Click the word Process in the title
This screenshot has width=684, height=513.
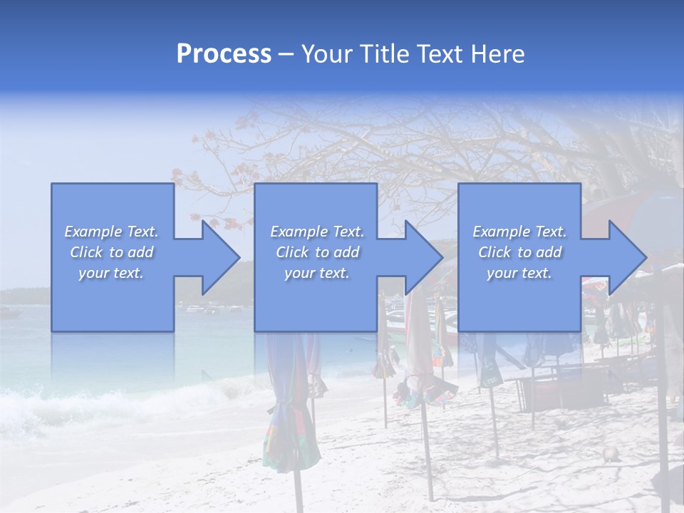tap(224, 54)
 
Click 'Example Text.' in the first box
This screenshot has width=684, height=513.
tap(111, 232)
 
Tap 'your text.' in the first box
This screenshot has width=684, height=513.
tap(111, 273)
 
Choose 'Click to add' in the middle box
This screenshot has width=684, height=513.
tap(317, 252)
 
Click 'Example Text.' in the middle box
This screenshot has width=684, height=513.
tap(317, 232)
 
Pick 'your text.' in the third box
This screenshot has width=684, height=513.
tap(519, 273)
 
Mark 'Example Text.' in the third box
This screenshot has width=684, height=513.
tap(519, 232)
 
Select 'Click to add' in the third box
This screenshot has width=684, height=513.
tap(519, 252)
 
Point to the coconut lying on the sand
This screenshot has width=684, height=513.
tap(610, 454)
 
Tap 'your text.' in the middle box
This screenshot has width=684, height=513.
tap(317, 273)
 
